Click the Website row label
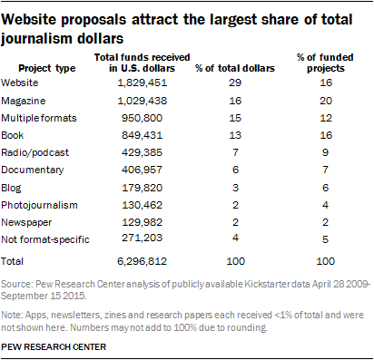coord(20,83)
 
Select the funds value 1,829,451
coord(143,83)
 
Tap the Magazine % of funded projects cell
coord(326,101)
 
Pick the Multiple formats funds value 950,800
coord(143,118)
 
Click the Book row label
coord(13,135)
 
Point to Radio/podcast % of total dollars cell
coord(235,152)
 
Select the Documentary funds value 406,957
coord(143,170)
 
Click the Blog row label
coord(11,188)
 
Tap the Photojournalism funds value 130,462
coord(143,205)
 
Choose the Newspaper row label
coord(26,222)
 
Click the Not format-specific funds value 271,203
coord(143,238)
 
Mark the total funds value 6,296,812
coord(143,261)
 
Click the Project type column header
coord(47,68)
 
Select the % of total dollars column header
coord(235,68)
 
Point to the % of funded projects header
coord(325,63)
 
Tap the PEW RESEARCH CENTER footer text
coord(54,346)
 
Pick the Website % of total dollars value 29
coord(235,83)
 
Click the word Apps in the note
coord(36,316)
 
